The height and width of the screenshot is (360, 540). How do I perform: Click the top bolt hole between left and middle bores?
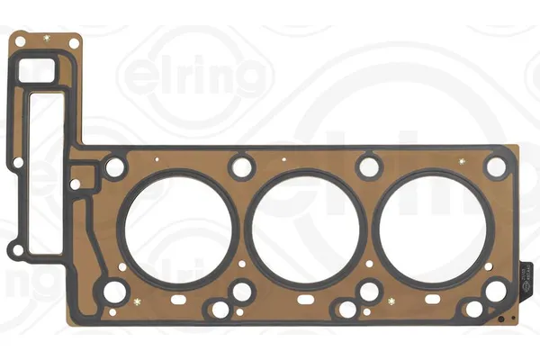coord(241,166)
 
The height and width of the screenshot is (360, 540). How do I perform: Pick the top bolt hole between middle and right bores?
coord(368,166)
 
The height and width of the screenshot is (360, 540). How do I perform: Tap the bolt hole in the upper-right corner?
coord(495,166)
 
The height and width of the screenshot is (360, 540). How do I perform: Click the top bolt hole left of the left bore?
coord(115,167)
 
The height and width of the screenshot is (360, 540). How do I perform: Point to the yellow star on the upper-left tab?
coord(47,39)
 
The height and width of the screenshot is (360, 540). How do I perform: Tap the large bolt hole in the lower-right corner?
coord(495,291)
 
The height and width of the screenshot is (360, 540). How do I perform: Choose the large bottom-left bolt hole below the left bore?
coord(115,292)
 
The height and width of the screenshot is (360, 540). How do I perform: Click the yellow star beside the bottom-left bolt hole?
coord(137,299)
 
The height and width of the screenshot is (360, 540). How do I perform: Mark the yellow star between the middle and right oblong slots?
coord(391,299)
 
